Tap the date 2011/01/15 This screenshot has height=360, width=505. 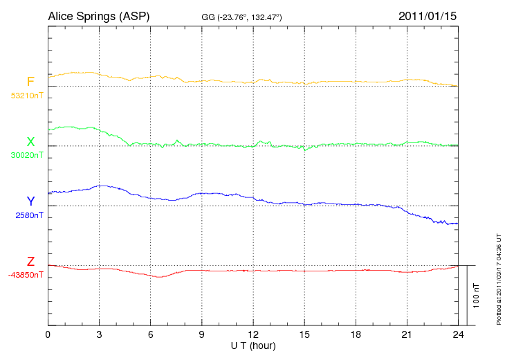(427, 15)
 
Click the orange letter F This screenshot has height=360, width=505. (30, 82)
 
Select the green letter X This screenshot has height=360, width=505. (30, 142)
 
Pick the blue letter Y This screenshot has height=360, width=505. (30, 201)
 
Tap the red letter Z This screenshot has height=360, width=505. (30, 262)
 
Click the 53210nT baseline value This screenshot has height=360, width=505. (26, 95)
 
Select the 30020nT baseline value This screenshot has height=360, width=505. (26, 155)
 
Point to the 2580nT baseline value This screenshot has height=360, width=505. (29, 215)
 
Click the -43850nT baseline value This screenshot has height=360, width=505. (26, 275)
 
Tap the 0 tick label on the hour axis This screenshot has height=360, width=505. (48, 335)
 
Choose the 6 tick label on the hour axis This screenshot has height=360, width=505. (150, 335)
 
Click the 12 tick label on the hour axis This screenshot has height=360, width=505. (253, 335)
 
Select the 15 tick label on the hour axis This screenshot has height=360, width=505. (304, 335)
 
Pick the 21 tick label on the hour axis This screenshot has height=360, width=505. (407, 335)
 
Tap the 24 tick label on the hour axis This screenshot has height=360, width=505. (458, 335)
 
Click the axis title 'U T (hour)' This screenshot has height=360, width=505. (253, 345)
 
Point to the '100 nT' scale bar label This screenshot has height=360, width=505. (477, 296)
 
